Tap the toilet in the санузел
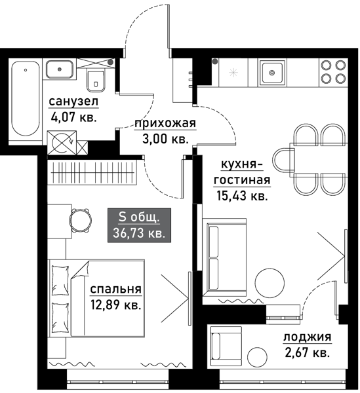pos(96,80)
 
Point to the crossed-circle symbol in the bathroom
pos(63,141)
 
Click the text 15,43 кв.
pos(242,195)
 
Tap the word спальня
pos(116,290)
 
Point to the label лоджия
pos(306,339)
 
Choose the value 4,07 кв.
pos(73,117)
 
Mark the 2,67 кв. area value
pos(306,354)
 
